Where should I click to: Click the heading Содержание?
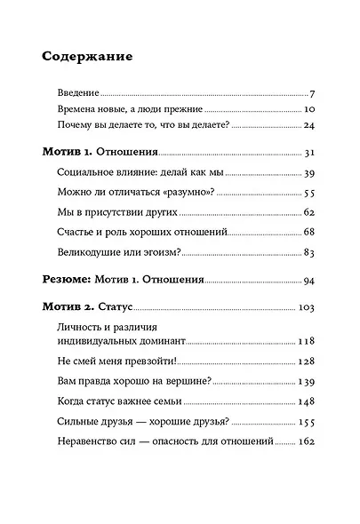[x=87, y=58]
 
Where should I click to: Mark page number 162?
[x=307, y=441]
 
